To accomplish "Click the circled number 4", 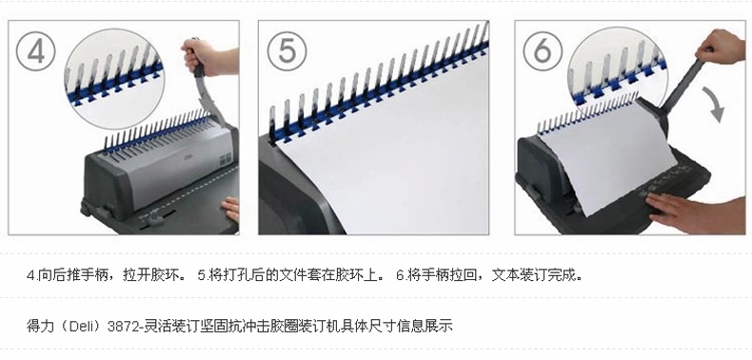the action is point(36,51).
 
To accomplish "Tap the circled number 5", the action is point(287,51).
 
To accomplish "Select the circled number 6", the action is point(543,51).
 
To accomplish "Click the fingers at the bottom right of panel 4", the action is point(230,209).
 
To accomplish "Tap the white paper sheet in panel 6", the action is point(606,153).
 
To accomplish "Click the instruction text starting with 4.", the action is point(106,275).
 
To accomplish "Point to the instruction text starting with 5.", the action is point(291,275).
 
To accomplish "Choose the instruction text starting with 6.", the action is point(489,275).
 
